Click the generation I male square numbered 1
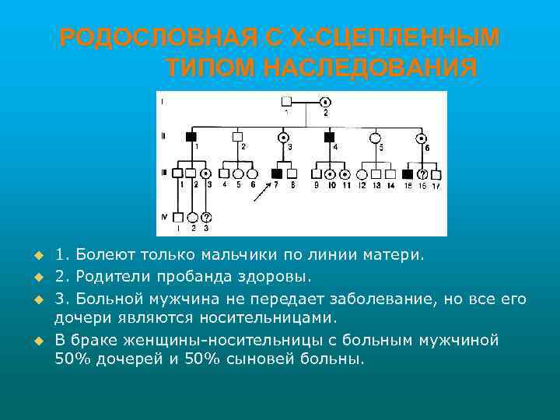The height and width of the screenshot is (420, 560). (286, 102)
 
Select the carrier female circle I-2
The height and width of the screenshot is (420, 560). (325, 102)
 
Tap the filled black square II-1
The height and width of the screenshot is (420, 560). (191, 137)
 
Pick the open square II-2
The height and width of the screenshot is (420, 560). (238, 137)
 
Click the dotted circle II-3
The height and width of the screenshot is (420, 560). (284, 137)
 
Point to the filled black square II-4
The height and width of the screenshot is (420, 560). (329, 137)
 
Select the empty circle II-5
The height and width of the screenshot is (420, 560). (376, 137)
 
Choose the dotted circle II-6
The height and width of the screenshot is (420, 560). (422, 137)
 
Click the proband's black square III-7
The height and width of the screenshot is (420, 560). (277, 174)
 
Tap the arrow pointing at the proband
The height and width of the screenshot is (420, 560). (261, 188)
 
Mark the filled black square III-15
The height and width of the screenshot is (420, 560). (408, 174)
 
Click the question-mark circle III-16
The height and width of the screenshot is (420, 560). (423, 174)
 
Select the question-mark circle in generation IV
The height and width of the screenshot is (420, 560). (206, 217)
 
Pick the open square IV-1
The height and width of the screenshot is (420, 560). (178, 217)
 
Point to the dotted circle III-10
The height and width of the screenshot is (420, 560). (331, 174)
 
